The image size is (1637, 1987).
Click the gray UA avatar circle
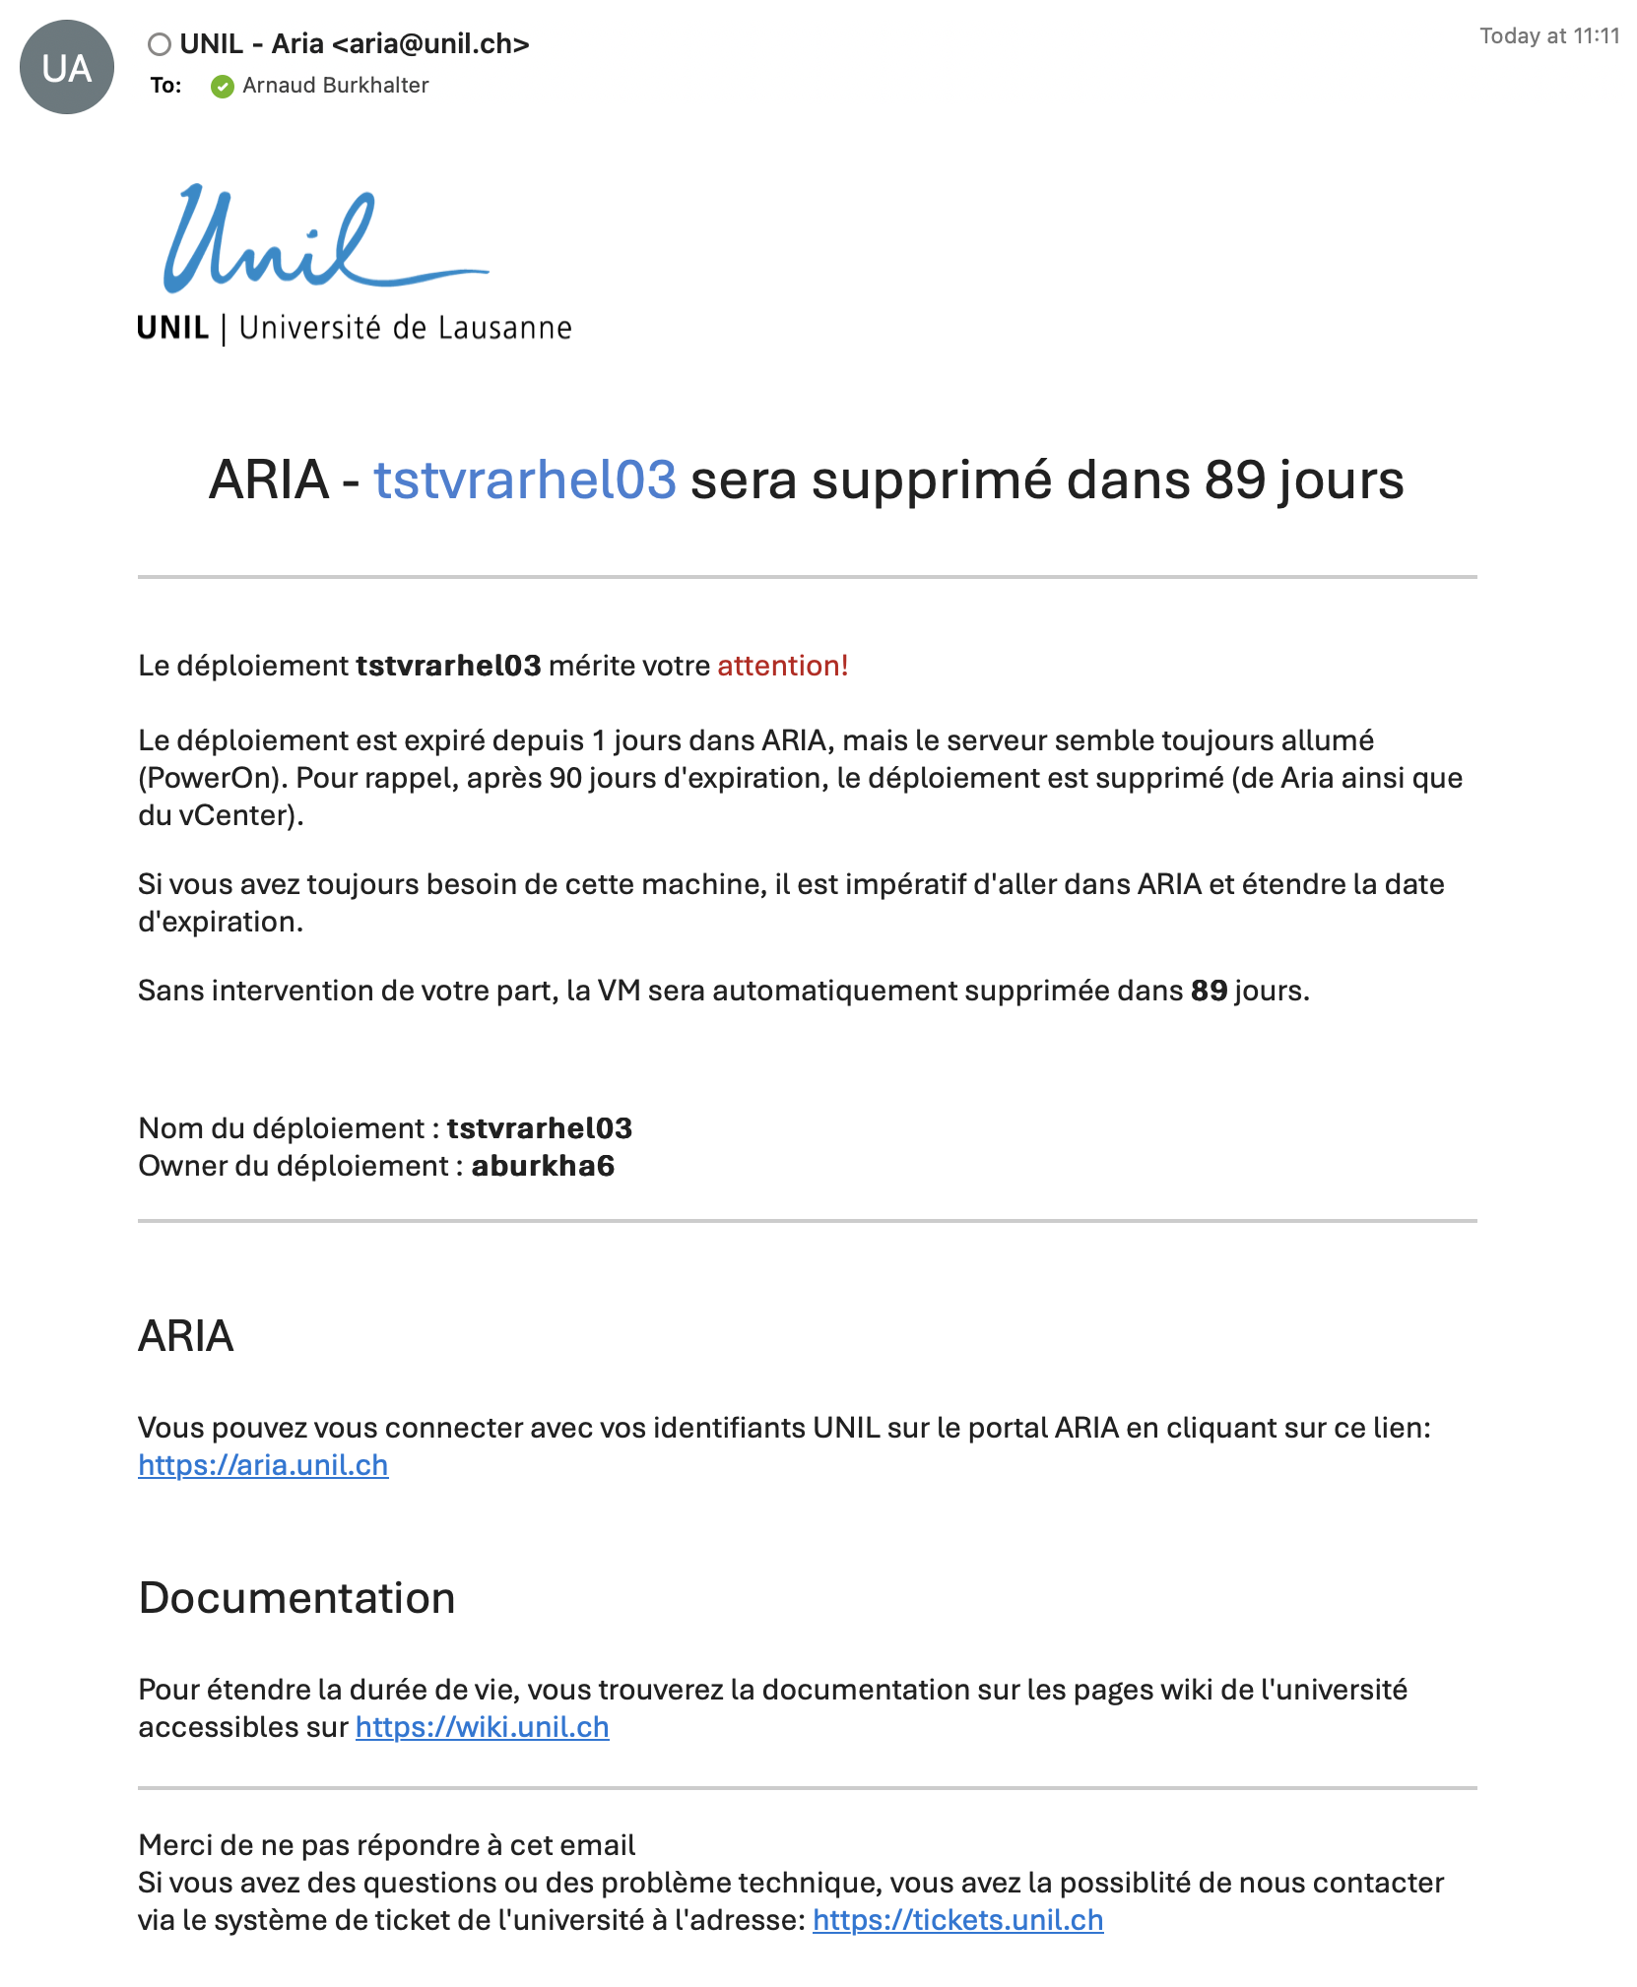coord(67,67)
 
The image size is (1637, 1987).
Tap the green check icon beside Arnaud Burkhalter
coord(223,87)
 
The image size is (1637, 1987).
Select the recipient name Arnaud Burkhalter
coord(335,86)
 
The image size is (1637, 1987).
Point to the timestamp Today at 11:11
coord(1548,36)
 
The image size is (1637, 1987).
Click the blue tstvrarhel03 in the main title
coord(524,481)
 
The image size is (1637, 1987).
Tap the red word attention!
coord(782,666)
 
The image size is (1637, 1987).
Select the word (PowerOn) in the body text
coord(212,778)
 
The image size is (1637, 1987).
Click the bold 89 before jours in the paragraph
coord(1209,991)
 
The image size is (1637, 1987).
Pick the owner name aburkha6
coord(543,1166)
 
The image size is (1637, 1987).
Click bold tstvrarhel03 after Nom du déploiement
coord(539,1128)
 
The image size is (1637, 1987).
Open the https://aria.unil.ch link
coord(263,1465)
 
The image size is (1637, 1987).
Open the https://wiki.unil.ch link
coord(482,1727)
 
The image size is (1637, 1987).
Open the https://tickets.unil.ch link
coord(957,1920)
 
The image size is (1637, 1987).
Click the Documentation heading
coord(296,1598)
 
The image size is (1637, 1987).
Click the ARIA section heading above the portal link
coord(186,1336)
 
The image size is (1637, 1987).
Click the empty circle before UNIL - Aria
coord(160,44)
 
